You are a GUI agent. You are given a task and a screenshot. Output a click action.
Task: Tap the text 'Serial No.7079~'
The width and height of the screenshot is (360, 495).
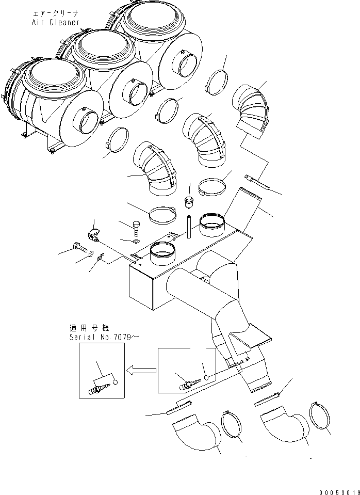97,337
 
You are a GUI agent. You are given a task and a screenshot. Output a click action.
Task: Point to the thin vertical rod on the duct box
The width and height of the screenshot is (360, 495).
189,227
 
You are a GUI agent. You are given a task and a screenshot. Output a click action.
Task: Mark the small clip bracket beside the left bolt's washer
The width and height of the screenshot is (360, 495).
101,256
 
